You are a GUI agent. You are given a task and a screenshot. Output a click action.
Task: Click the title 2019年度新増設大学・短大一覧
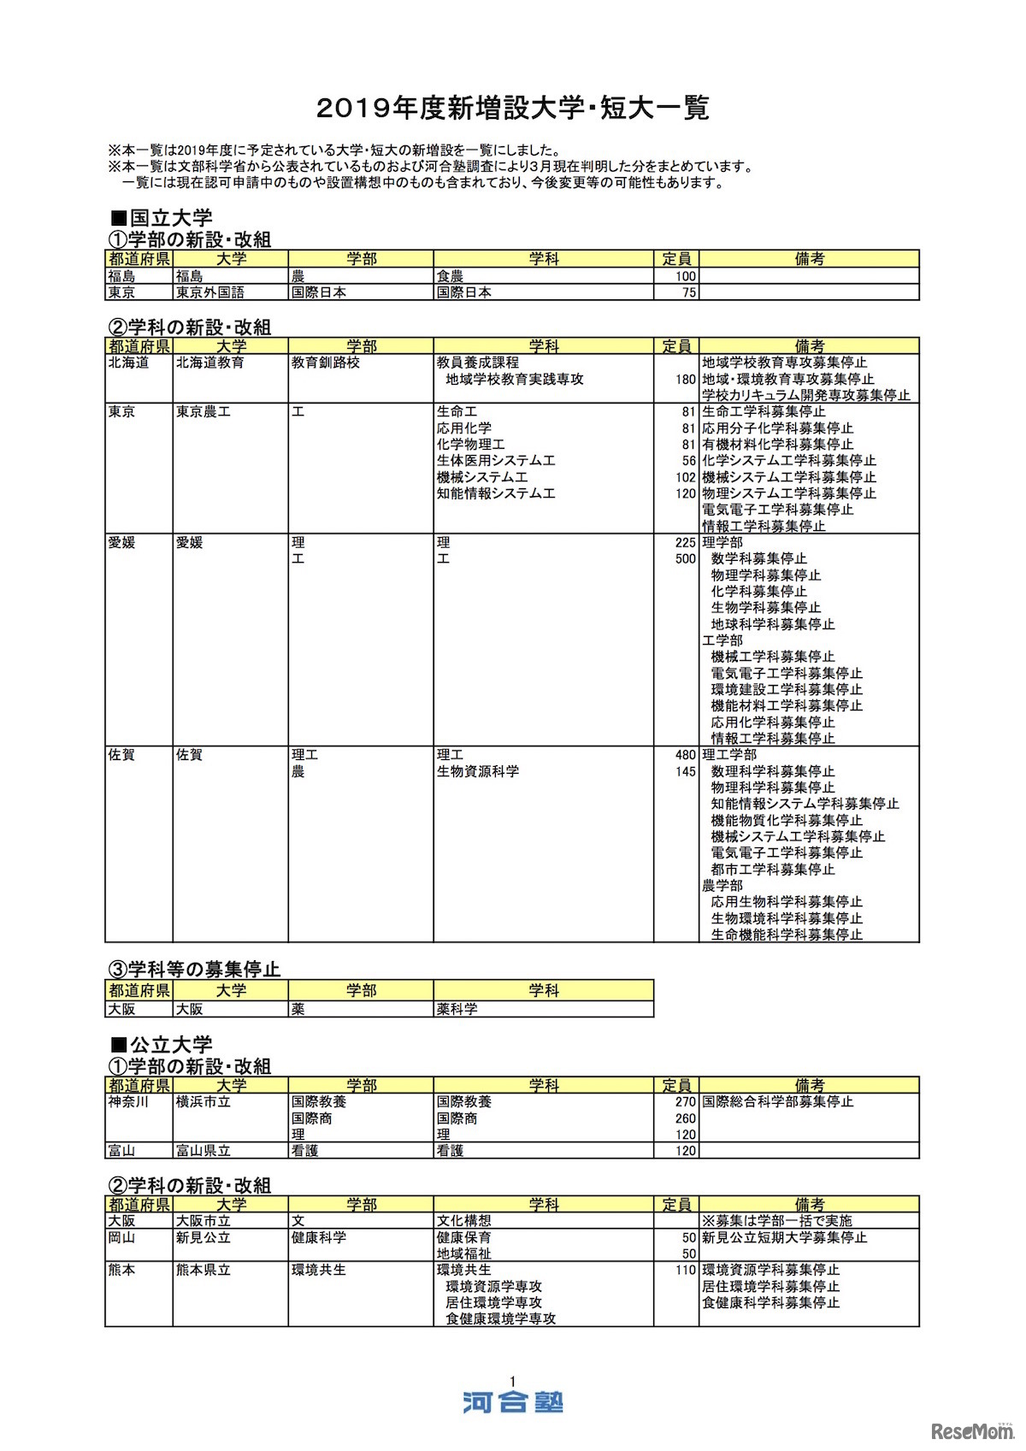(x=512, y=109)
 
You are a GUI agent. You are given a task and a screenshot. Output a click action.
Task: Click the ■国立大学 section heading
(x=162, y=218)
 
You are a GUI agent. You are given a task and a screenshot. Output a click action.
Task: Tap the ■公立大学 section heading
(x=162, y=1045)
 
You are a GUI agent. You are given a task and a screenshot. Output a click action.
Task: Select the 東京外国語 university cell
(x=210, y=292)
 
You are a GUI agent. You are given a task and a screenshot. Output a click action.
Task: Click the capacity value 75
(x=689, y=292)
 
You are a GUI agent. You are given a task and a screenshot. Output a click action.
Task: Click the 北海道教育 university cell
(x=210, y=363)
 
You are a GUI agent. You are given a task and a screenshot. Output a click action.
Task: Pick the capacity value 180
(x=685, y=379)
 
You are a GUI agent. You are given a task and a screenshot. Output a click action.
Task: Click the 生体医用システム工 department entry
(x=496, y=461)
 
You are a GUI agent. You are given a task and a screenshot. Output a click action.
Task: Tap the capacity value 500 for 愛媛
(x=685, y=559)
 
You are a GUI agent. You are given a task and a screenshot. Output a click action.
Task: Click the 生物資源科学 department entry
(x=478, y=771)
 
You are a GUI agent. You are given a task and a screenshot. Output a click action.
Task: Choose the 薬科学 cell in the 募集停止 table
(x=457, y=1009)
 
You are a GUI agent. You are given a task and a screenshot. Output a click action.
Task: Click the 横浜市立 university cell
(x=203, y=1102)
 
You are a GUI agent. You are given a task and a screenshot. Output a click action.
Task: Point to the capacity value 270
(x=685, y=1102)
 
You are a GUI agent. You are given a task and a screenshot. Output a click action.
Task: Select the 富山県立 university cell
(x=203, y=1151)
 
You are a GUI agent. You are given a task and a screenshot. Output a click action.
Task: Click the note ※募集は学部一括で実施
(x=777, y=1221)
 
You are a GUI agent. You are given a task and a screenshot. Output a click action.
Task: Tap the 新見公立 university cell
(x=203, y=1237)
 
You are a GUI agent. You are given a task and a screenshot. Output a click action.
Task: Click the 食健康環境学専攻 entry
(x=500, y=1319)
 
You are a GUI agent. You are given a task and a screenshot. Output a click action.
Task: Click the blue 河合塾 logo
(x=513, y=1402)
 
